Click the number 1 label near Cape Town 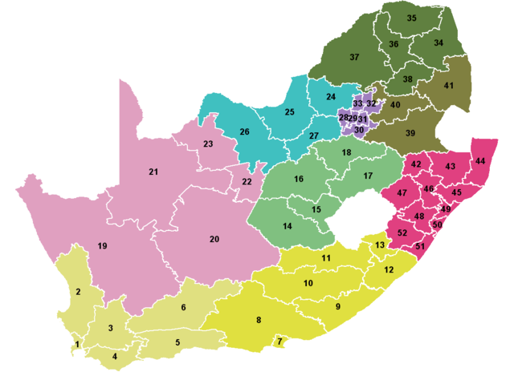77,345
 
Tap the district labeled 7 279,342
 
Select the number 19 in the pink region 103,245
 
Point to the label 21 153,172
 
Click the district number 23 208,144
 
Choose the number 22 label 247,182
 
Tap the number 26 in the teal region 244,131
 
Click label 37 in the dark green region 354,57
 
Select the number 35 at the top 411,18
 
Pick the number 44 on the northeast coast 480,161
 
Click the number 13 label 380,245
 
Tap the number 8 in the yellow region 258,321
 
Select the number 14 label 287,227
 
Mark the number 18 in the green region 346,152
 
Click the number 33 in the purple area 357,104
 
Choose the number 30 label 359,130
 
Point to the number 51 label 420,247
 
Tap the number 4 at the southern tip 114,356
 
